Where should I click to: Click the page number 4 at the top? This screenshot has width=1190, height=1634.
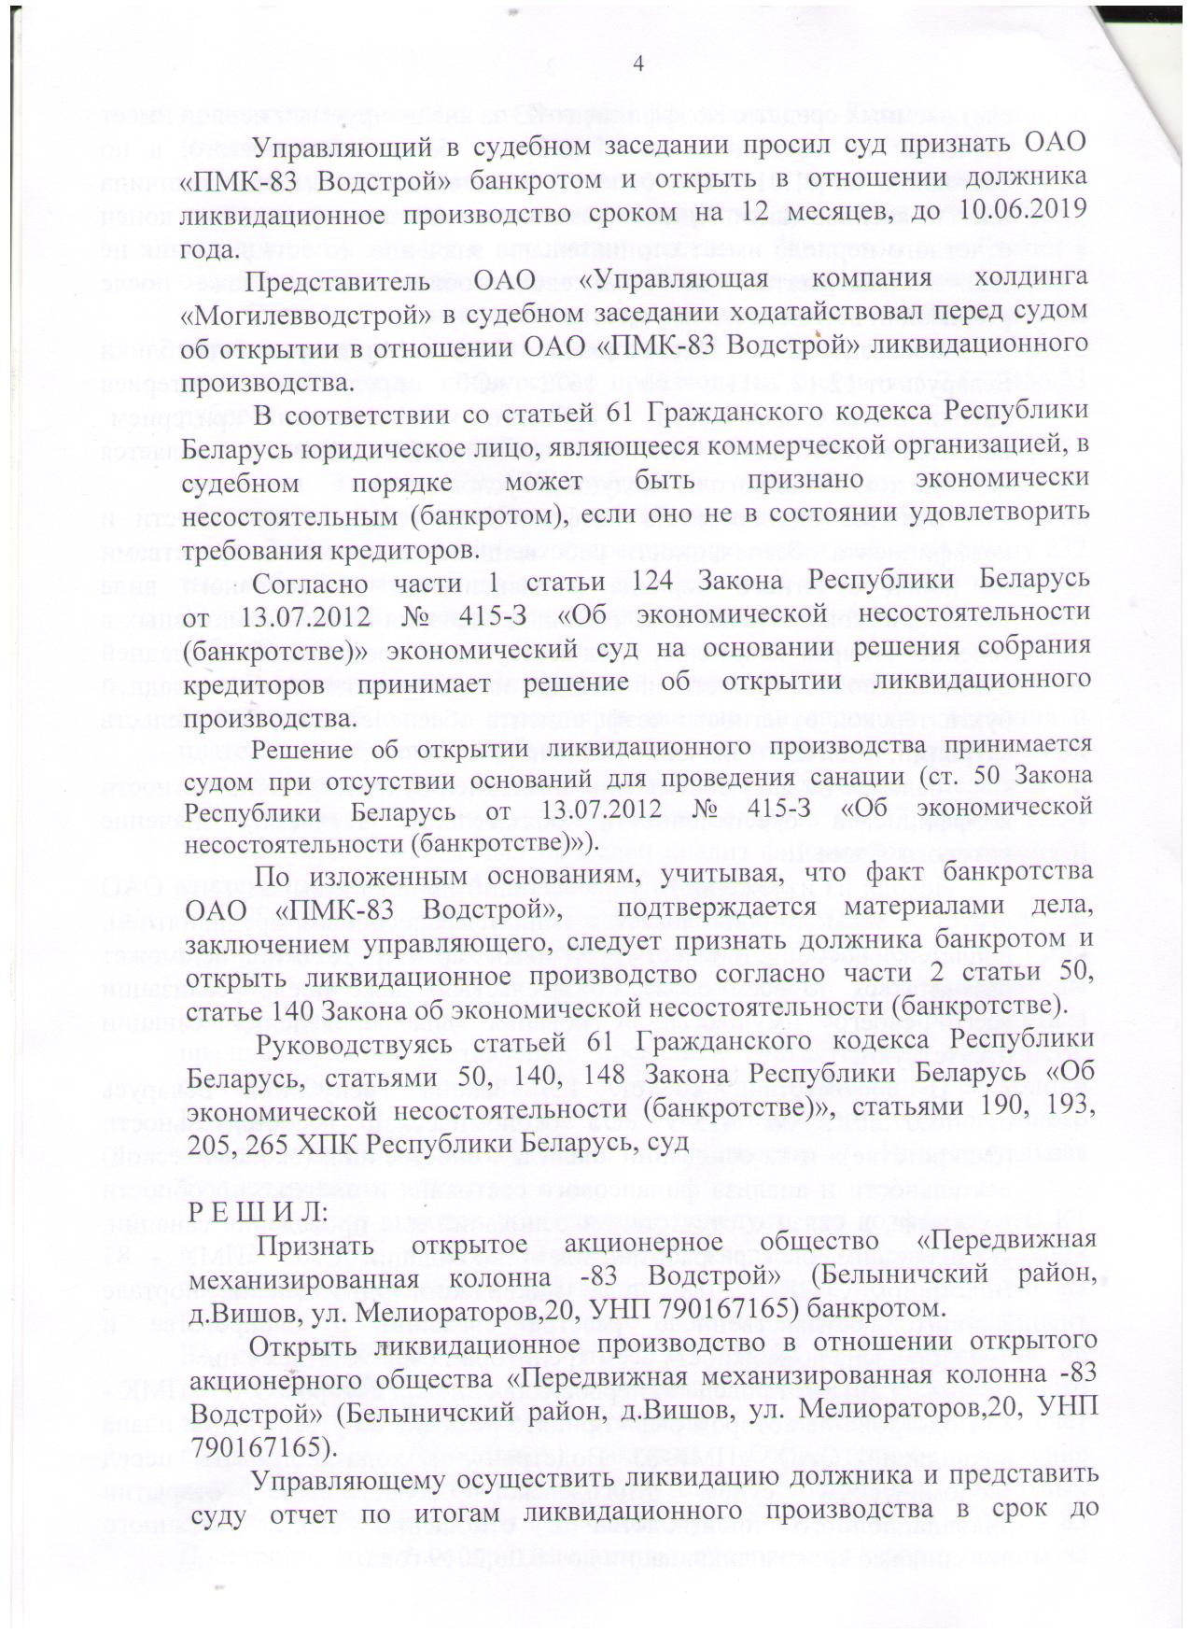[x=638, y=64]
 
